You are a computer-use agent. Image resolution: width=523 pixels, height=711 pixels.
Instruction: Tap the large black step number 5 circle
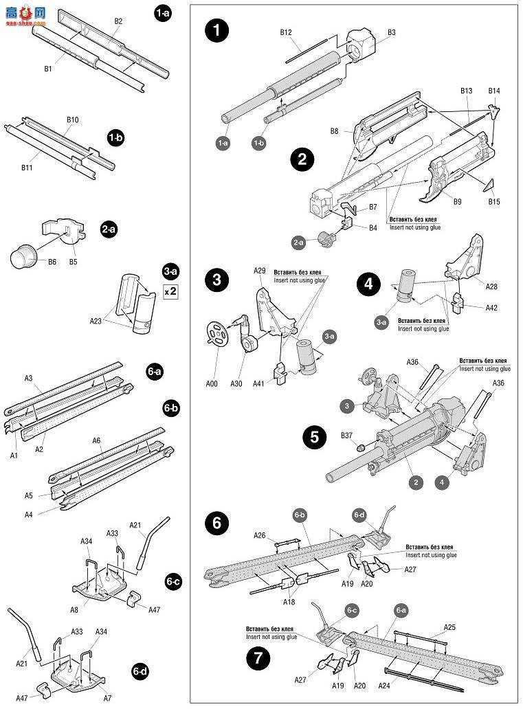coord(315,438)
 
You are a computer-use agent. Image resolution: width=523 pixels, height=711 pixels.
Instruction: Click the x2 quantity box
coord(170,291)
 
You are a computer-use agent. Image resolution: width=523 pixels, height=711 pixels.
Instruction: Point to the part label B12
coord(287,33)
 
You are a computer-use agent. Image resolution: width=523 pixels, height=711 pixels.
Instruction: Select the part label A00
coord(212,383)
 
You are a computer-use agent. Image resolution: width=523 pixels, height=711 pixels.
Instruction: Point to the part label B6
coord(52,261)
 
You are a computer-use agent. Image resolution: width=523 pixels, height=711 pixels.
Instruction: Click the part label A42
coord(491,308)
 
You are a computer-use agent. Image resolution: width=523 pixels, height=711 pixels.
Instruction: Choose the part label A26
coord(259,535)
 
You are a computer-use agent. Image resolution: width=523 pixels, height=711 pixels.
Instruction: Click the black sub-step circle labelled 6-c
coord(172,580)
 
